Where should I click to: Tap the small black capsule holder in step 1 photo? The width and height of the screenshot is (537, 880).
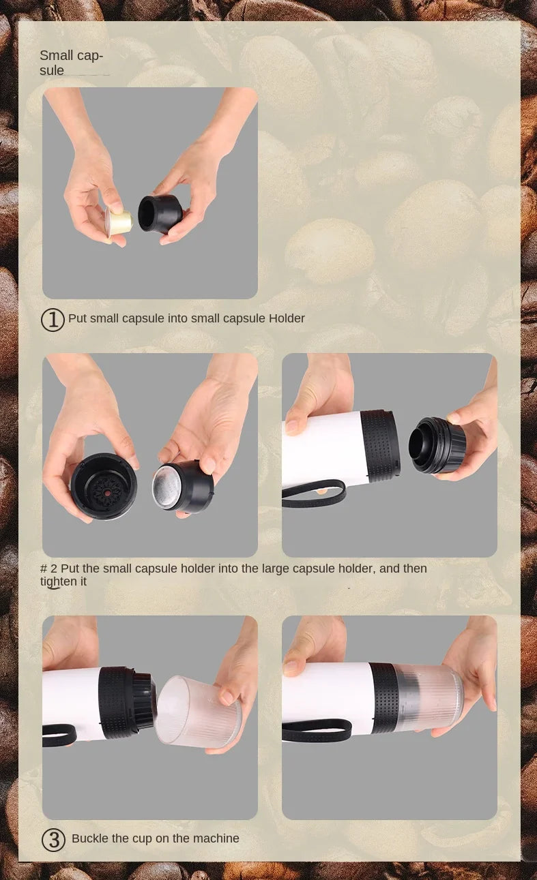coord(160,213)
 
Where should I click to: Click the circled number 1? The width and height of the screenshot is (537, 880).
coord(53,319)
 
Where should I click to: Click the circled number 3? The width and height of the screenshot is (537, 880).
coord(53,840)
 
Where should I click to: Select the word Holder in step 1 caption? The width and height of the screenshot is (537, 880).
coord(287,318)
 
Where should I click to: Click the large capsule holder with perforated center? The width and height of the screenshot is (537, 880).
coord(104,485)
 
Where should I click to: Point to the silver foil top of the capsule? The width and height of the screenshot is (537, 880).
coord(166,488)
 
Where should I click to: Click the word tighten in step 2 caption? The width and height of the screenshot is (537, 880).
coord(63,581)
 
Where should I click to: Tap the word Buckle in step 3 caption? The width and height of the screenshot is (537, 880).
coord(90,838)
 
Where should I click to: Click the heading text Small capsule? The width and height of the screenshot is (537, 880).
coord(70,63)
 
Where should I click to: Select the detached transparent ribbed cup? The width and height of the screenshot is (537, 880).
coord(199,712)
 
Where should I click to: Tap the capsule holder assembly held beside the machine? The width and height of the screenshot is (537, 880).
coord(437,445)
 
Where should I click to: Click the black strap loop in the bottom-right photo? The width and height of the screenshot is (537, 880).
coord(317,731)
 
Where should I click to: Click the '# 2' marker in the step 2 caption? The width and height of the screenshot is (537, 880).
coord(48,568)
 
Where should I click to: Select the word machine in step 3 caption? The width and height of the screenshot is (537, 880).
coord(217,838)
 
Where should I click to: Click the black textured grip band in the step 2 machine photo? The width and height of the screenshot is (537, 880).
coord(379,446)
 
